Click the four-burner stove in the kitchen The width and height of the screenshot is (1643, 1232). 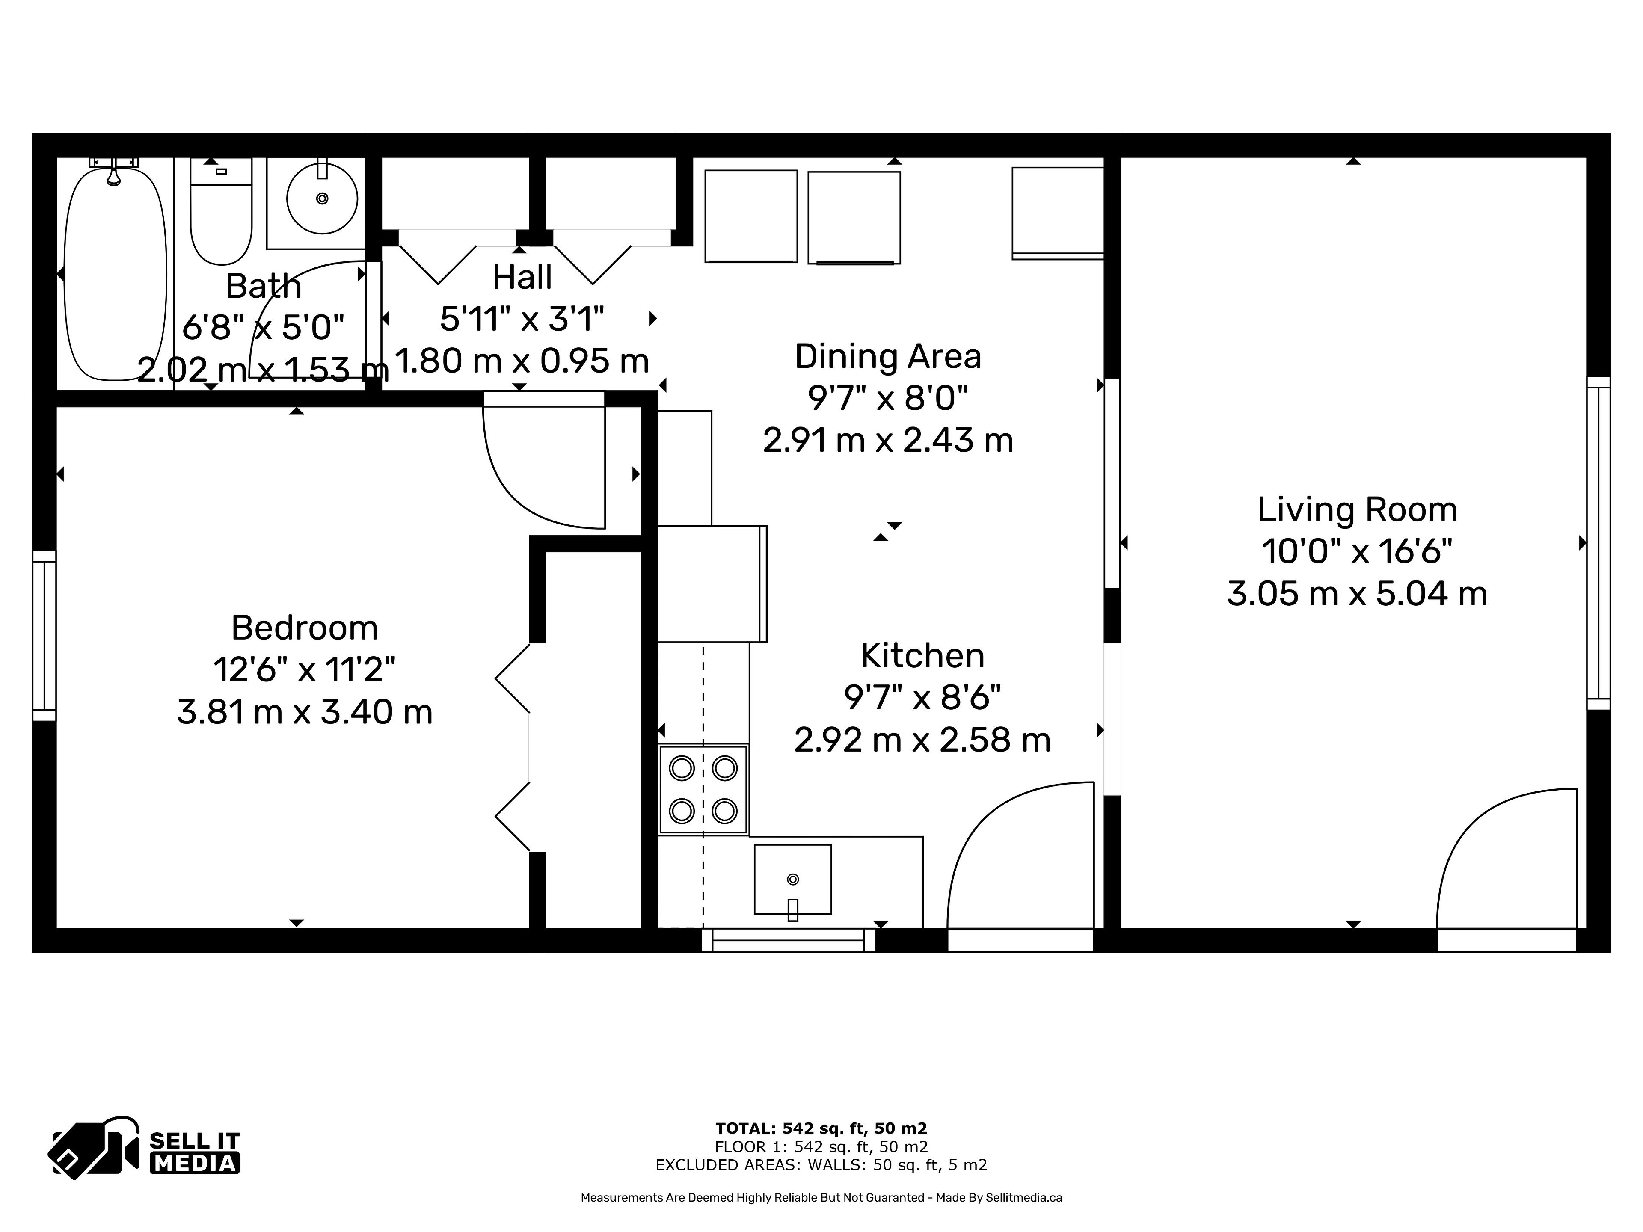pos(703,789)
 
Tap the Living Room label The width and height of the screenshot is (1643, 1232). pos(1357,509)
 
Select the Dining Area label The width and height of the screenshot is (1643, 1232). pos(888,356)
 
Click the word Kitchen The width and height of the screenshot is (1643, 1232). pos(922,656)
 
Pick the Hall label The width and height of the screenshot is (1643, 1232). pos(522,277)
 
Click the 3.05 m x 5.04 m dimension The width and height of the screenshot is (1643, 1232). pos(1357,594)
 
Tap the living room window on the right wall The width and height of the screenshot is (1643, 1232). pos(1599,543)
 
